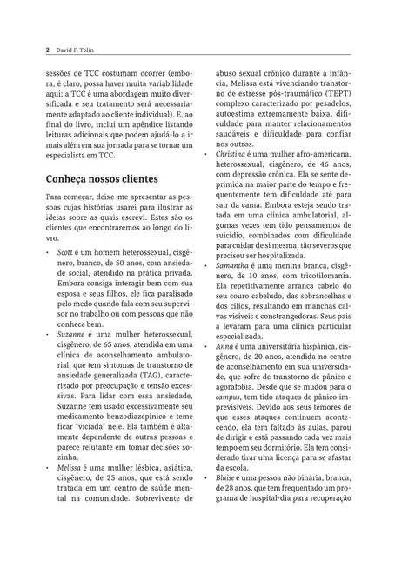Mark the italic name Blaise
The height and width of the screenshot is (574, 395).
point(227,504)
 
